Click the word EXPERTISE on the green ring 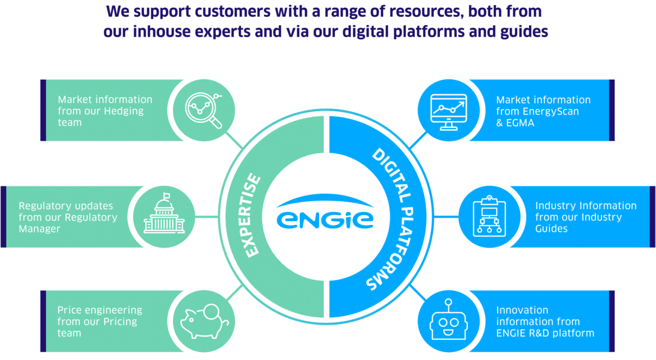[x=254, y=216]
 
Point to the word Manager [x=39, y=229]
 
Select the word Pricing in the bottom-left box [x=119, y=322]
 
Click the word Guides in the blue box [x=551, y=229]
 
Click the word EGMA [x=520, y=122]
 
